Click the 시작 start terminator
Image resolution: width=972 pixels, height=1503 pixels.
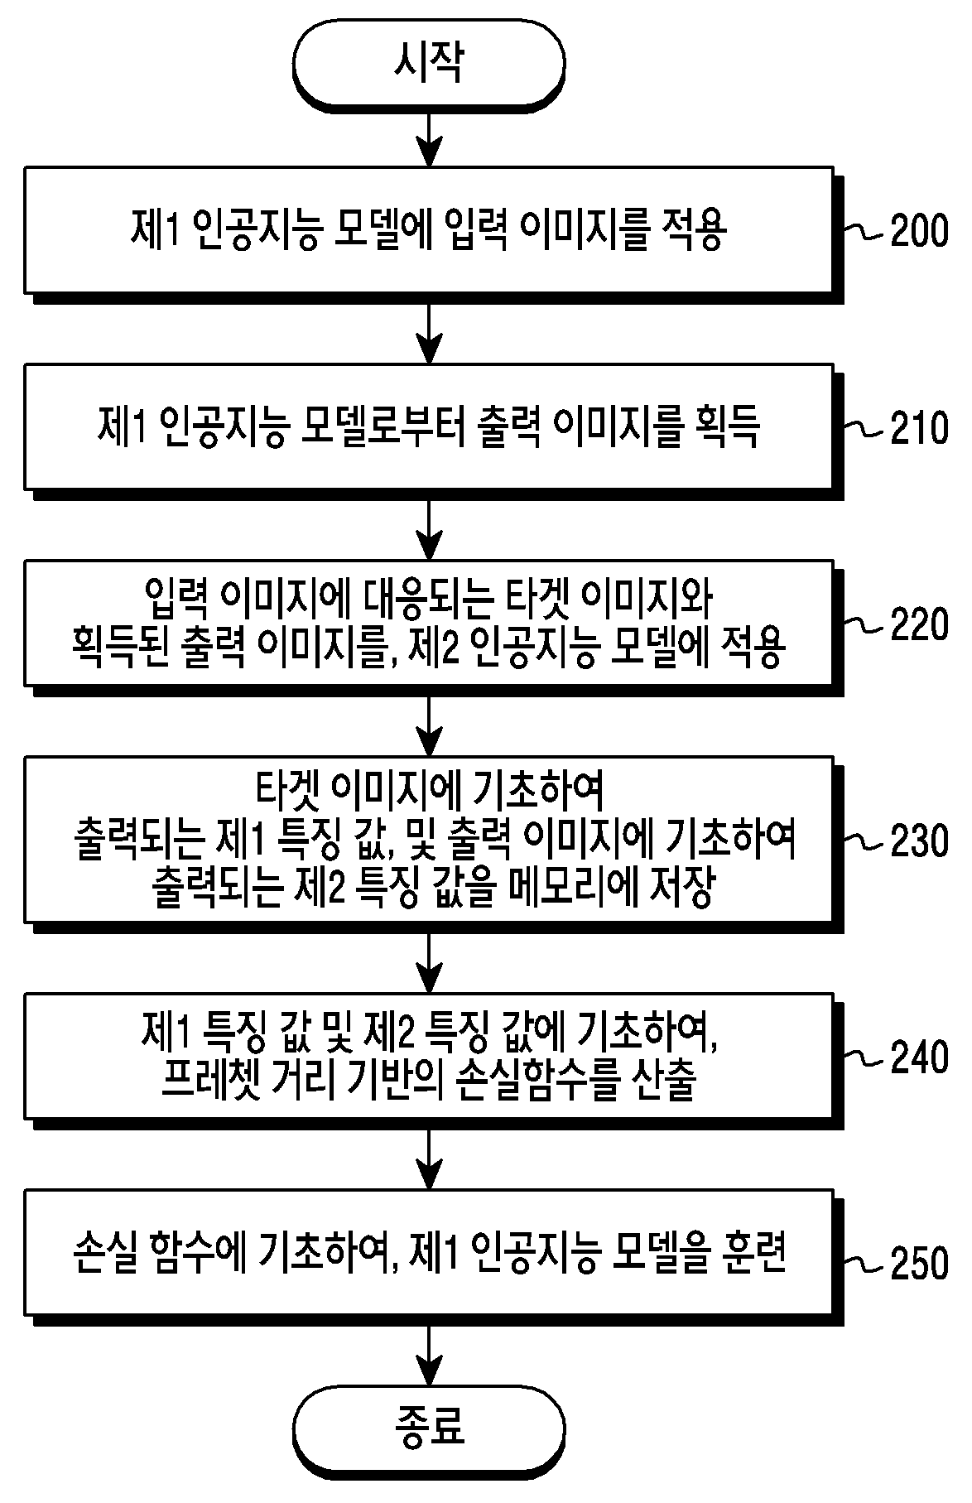[x=429, y=64]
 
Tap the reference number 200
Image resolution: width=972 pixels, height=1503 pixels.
[x=919, y=230]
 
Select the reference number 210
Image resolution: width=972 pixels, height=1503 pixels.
[x=919, y=428]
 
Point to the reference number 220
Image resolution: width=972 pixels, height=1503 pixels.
[x=919, y=624]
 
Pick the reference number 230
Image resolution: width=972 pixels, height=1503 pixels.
[x=919, y=841]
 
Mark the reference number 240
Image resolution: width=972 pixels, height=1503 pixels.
[x=919, y=1057]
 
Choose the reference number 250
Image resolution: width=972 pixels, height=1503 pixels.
[x=919, y=1263]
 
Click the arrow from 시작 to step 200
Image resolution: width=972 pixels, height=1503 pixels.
[x=429, y=137]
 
